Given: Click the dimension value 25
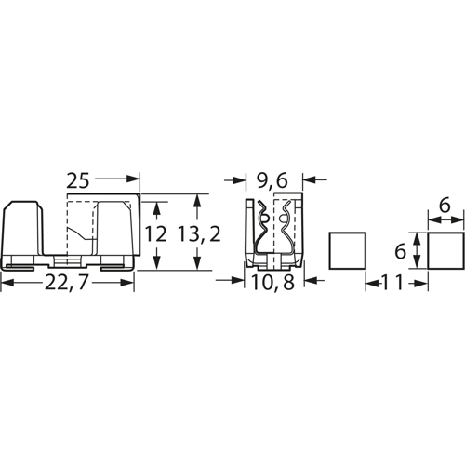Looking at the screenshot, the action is (x=78, y=181).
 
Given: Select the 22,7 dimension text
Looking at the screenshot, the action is (x=65, y=283).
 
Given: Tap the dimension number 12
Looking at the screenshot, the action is (x=156, y=234).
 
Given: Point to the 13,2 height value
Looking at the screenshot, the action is (x=200, y=234).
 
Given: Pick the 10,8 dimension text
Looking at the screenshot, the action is (x=272, y=283).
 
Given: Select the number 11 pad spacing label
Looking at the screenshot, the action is (x=392, y=283).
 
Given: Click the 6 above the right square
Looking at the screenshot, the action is (x=445, y=206).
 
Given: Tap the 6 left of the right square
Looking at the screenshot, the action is (x=400, y=251).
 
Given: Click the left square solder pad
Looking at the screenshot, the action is (x=347, y=250).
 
